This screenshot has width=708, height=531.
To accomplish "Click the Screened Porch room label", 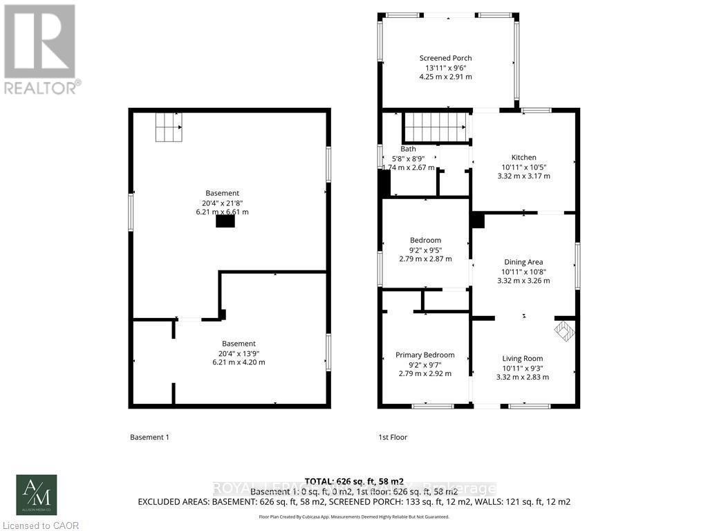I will click(445, 58).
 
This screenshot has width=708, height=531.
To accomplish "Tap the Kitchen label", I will click(523, 157).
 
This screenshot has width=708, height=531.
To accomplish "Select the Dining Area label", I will click(523, 262).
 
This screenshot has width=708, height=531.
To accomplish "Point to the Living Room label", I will click(523, 358).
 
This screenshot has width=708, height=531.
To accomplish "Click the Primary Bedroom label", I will click(425, 355).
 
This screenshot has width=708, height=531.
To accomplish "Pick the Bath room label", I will click(408, 149).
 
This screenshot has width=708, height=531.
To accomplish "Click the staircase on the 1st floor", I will click(435, 127).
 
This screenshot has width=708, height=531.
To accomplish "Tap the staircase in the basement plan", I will click(168, 128).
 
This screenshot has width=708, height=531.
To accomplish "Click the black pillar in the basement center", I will click(225, 221).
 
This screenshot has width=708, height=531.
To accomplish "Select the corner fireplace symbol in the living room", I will click(565, 331).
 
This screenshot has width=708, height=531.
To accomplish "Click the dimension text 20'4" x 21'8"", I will click(222, 203).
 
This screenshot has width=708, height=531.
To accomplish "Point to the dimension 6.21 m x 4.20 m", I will click(239, 362).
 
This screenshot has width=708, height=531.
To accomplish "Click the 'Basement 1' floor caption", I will click(149, 437).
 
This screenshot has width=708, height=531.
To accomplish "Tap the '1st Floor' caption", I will click(393, 437).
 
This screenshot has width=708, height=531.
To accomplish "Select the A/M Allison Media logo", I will click(37, 495).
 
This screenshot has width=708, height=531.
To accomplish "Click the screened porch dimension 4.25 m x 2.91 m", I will click(445, 77).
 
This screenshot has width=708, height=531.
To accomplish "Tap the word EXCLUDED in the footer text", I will click(164, 501).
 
